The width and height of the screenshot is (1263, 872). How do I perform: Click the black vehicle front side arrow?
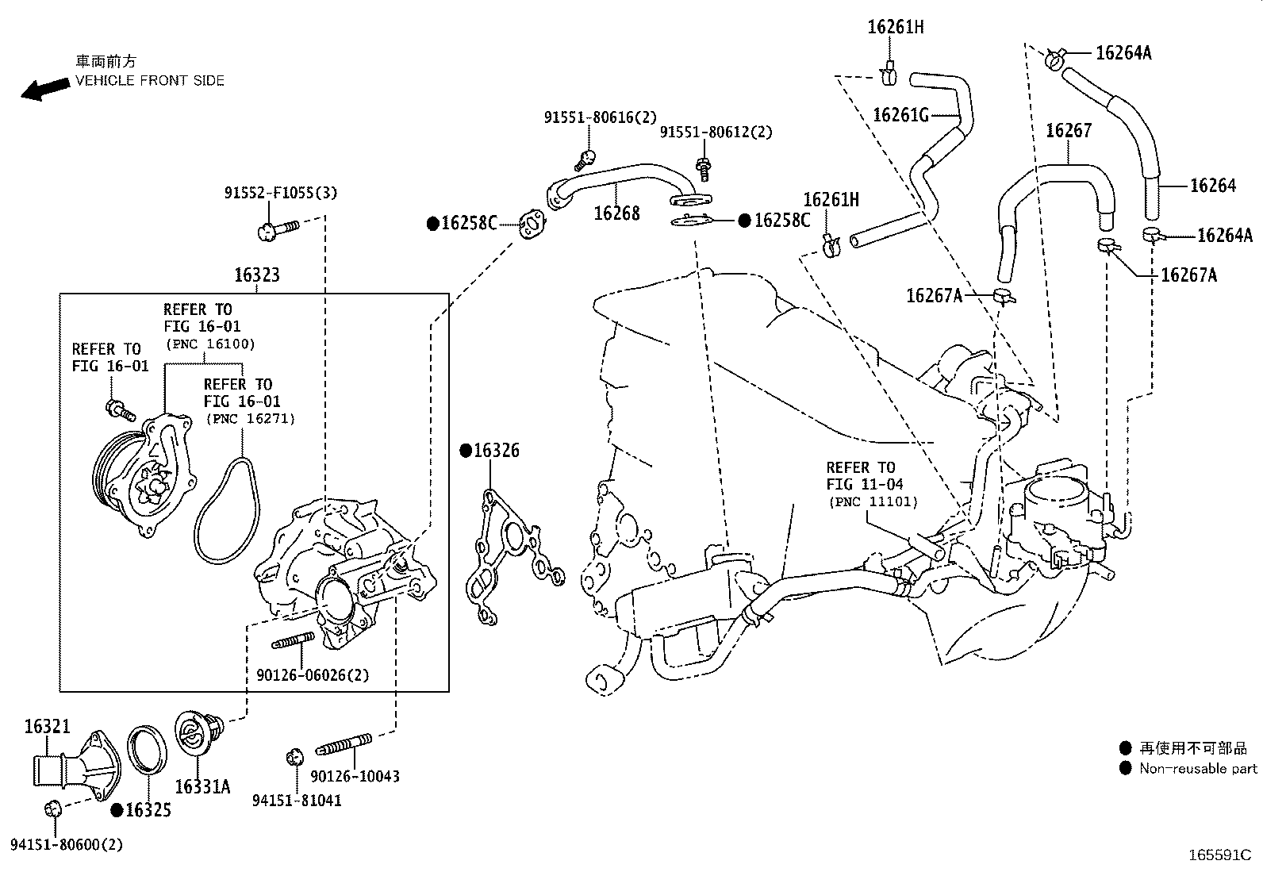[45, 89]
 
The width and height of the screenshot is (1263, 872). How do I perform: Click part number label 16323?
[256, 275]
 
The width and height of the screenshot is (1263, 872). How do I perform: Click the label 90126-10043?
[355, 776]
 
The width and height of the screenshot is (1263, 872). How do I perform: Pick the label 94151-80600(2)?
[67, 845]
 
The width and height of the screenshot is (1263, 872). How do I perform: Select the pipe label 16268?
[616, 213]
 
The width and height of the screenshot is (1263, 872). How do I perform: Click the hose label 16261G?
[900, 115]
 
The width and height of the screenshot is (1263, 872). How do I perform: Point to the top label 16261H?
[895, 27]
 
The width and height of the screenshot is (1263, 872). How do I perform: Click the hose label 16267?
[1068, 130]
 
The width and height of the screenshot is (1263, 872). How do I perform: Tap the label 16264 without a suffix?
[1212, 186]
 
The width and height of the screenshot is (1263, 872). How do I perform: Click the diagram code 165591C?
[1219, 855]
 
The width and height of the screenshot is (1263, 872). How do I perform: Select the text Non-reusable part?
[1198, 768]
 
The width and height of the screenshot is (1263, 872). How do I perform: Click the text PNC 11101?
[872, 501]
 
